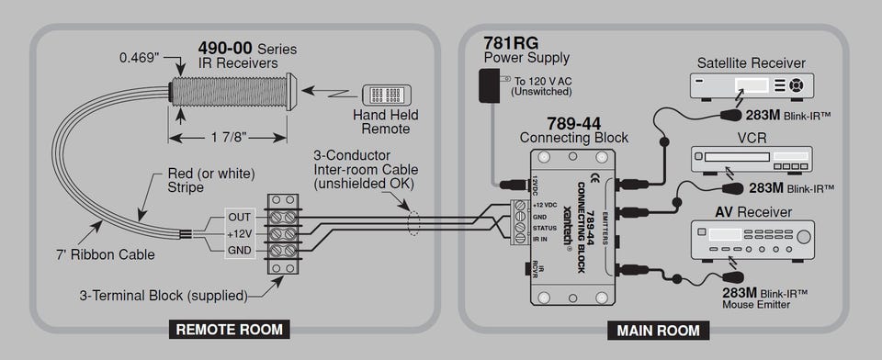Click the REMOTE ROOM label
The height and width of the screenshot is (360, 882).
point(230,329)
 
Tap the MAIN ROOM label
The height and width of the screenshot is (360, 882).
point(658,331)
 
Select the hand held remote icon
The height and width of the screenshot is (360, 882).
point(387,95)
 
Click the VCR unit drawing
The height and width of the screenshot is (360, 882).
point(752,159)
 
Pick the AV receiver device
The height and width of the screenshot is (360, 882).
point(752,241)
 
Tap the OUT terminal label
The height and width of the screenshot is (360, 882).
point(240,217)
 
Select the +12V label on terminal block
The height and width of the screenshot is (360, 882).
point(240,233)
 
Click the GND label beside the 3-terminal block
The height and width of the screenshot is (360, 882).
point(240,251)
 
